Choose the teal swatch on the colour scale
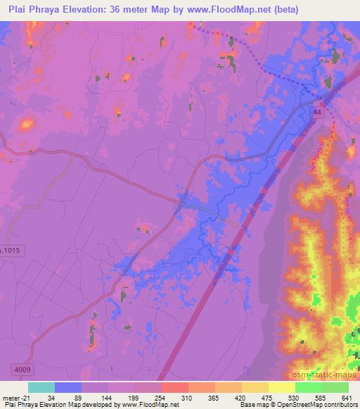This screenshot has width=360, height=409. pyautogui.click(x=41, y=387)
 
